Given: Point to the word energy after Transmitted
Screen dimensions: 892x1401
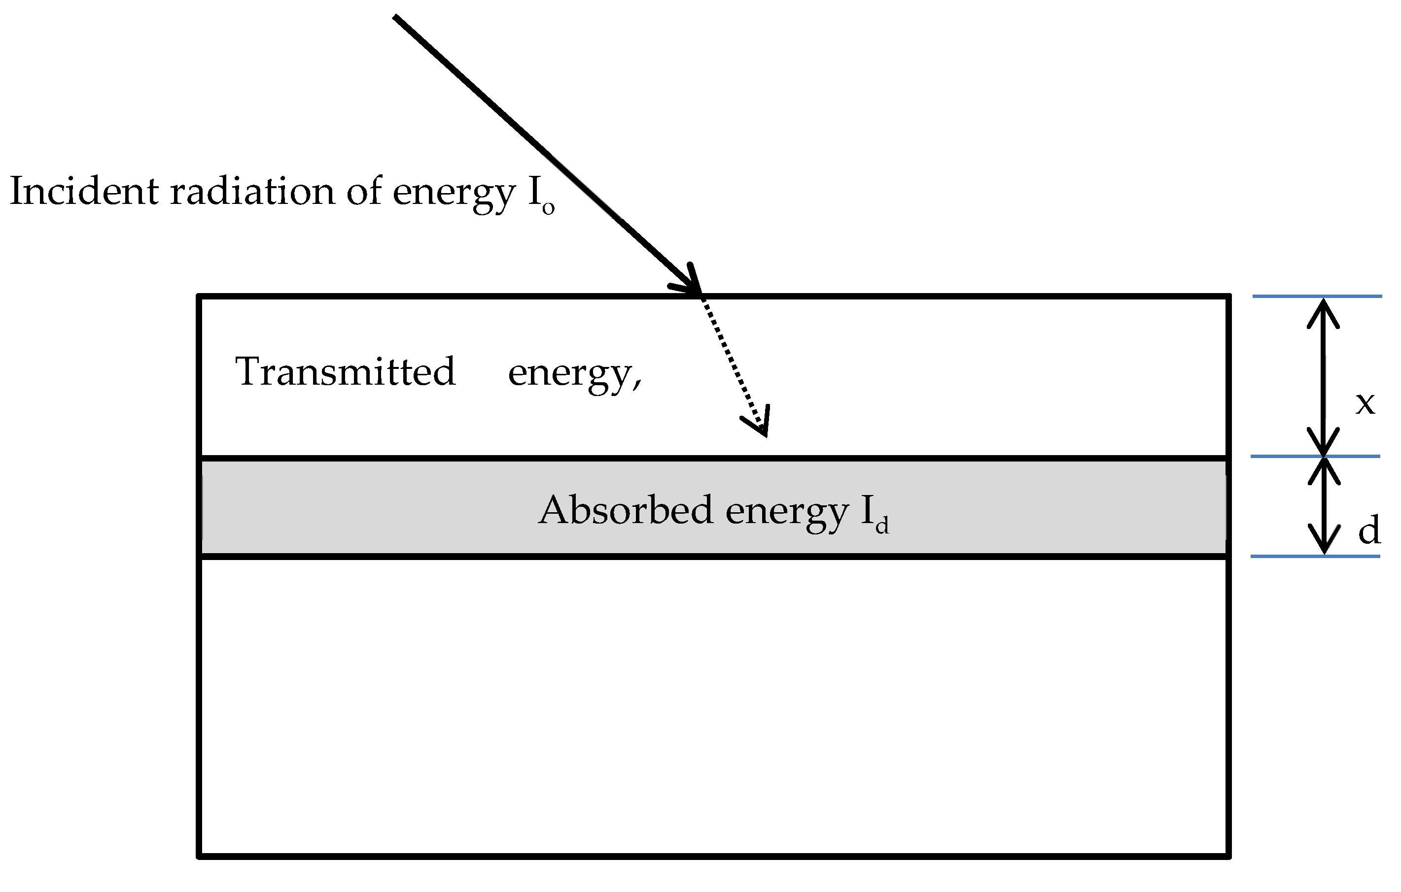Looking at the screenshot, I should point(574,373).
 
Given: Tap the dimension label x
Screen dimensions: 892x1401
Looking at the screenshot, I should point(1365,402).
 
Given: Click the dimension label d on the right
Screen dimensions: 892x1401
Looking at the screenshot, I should point(1369,530).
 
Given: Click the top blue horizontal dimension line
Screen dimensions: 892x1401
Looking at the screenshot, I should point(1317,297).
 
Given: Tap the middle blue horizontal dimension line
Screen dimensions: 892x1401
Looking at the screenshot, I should point(1316,457).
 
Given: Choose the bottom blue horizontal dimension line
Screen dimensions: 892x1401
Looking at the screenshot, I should point(1316,557).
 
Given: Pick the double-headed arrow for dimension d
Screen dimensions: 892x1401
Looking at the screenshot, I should point(1324,506).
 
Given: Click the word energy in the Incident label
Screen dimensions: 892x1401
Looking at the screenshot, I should point(454,194).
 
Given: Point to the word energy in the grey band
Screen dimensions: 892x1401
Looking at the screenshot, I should point(787,512).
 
